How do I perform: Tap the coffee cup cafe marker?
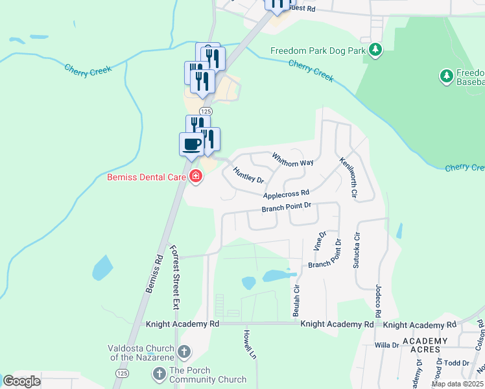(191, 143)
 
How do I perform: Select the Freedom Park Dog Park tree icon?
(374, 50)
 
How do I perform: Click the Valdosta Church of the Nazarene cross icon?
(184, 353)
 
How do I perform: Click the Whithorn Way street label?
(292, 158)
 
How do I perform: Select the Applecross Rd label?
(286, 194)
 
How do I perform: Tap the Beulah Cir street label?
(296, 300)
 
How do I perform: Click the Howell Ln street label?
(248, 344)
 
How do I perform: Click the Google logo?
(22, 381)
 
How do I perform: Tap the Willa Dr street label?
(386, 346)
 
